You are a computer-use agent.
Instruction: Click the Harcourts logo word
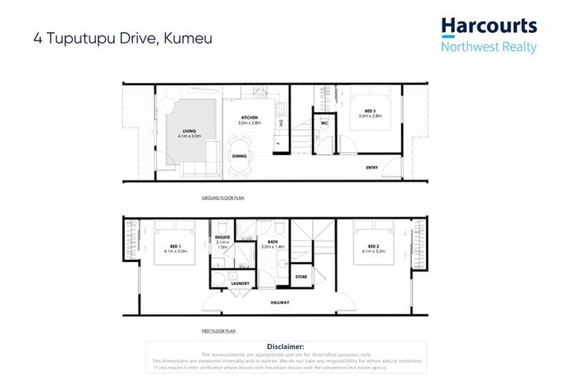[x=489, y=26]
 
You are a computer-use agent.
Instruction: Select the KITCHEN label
[x=248, y=117]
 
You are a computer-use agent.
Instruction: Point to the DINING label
[x=239, y=156]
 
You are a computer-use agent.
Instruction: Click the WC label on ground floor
[x=324, y=124]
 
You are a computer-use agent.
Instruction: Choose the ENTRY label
[x=372, y=167]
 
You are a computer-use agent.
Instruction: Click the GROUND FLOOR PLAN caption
[x=223, y=198]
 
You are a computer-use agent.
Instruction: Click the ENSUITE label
[x=222, y=237]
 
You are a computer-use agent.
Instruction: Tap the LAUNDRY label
[x=240, y=283]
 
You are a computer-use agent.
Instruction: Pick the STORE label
[x=301, y=277]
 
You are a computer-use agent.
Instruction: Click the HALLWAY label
[x=280, y=302]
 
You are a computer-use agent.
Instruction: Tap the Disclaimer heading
[x=285, y=346]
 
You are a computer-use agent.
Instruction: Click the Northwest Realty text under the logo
[x=489, y=46]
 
